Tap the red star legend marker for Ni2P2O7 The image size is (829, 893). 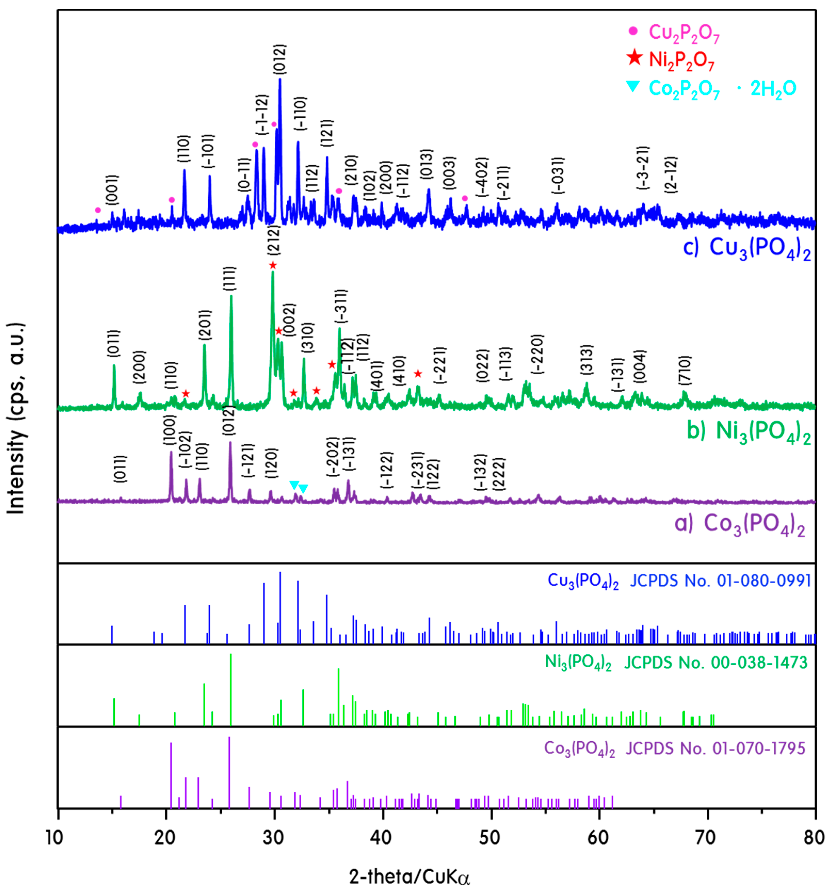point(634,58)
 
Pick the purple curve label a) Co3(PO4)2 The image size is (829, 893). point(740,524)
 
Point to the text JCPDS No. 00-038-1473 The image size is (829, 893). point(716,662)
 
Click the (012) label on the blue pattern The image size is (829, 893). point(279,59)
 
